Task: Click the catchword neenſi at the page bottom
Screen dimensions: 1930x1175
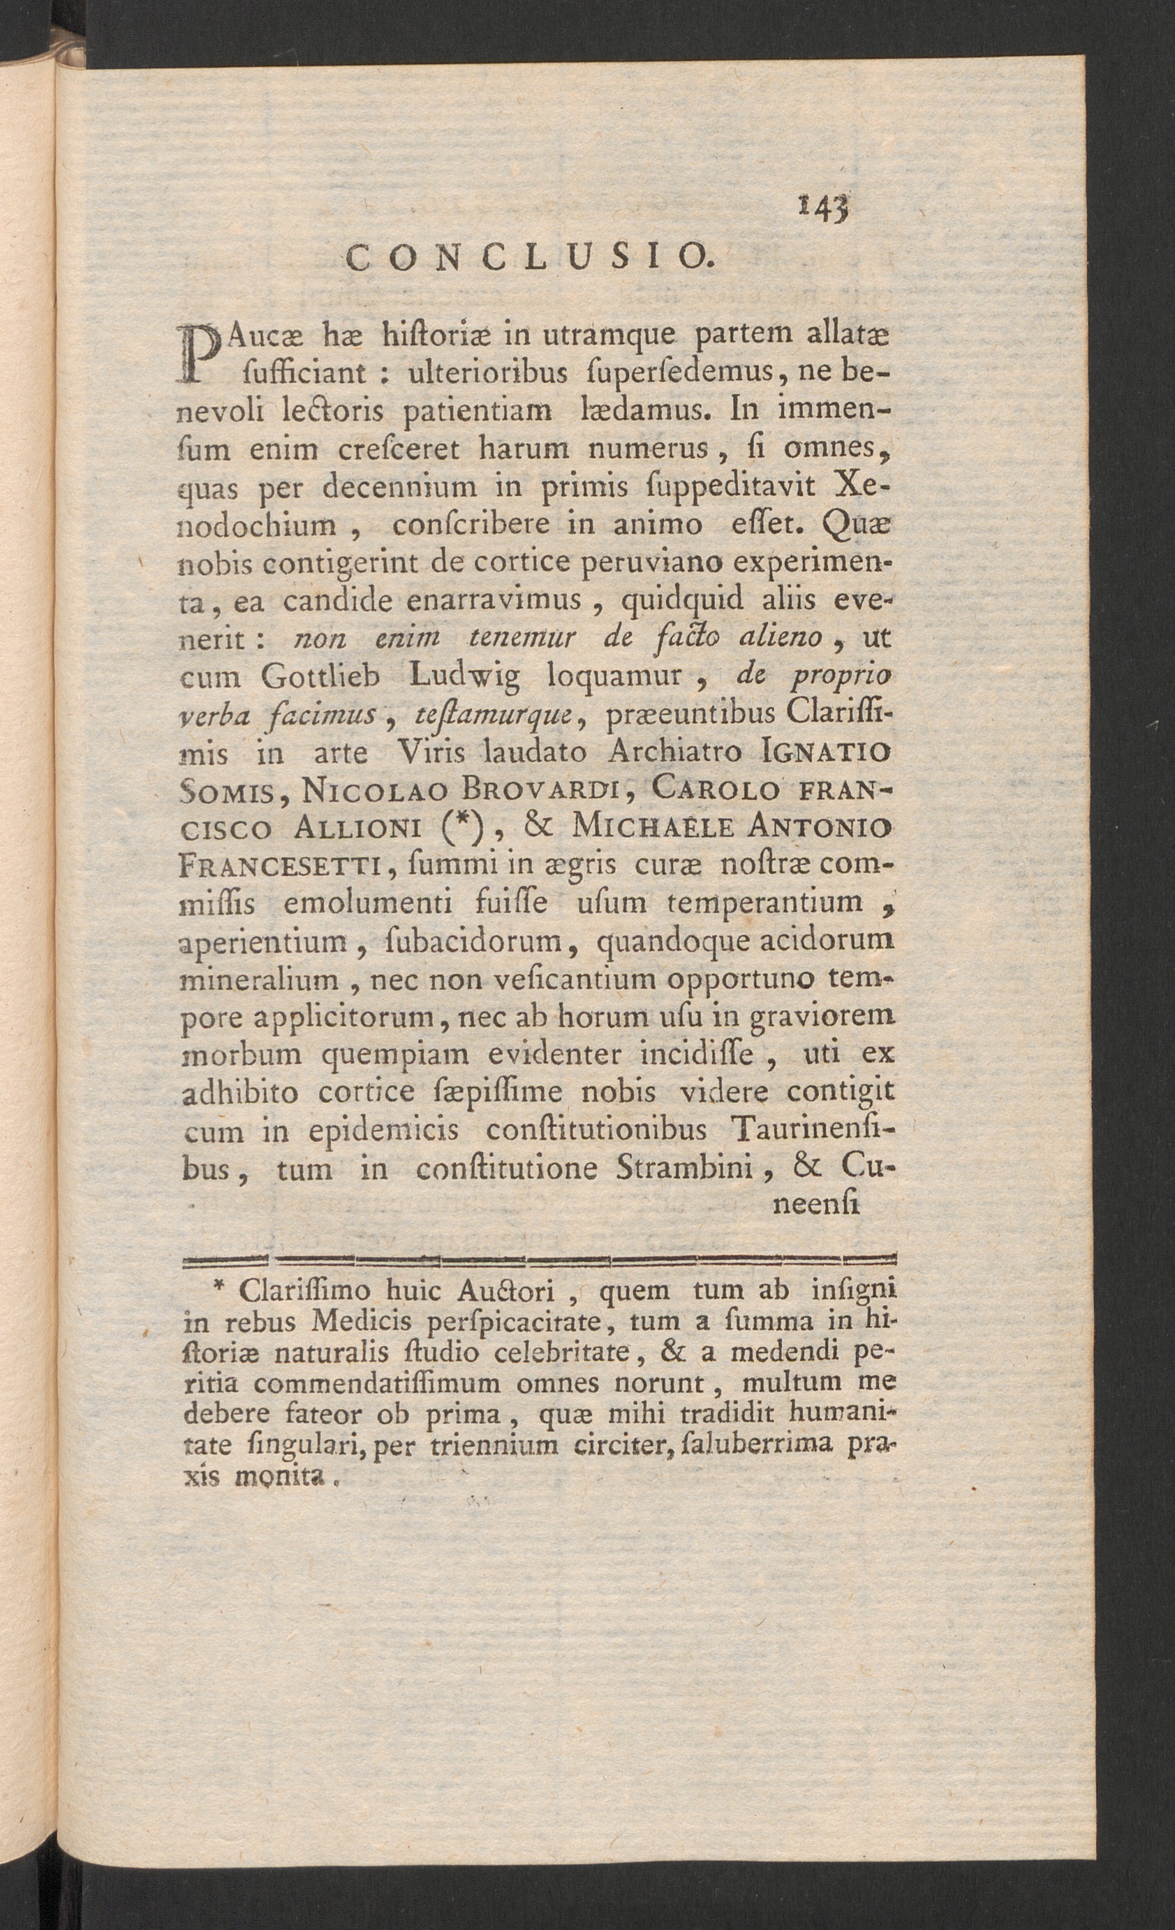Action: click(816, 1206)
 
